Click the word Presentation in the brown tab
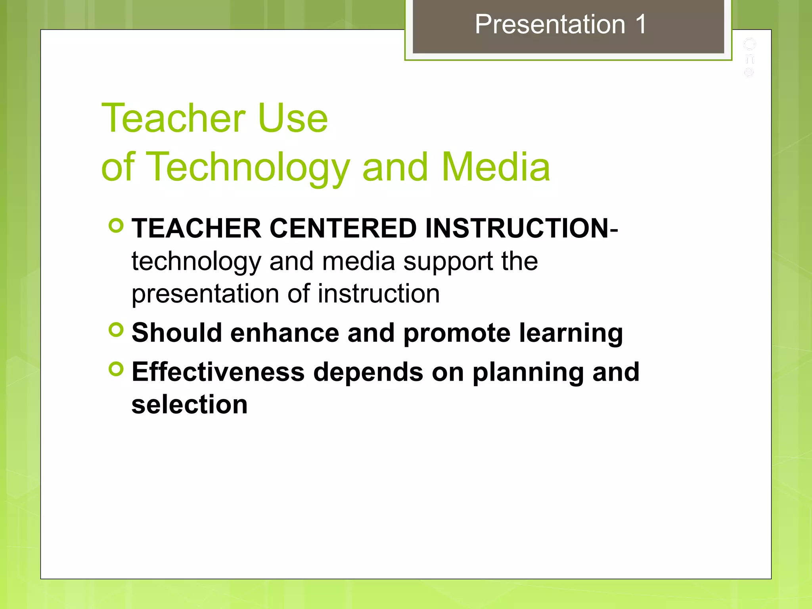coord(550,25)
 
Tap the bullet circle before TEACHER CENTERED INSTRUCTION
coord(116,226)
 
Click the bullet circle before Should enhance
coord(116,330)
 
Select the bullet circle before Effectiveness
coord(116,369)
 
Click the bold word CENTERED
coord(343,229)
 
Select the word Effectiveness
coord(218,372)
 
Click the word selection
coord(190,404)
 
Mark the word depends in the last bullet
coord(368,373)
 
